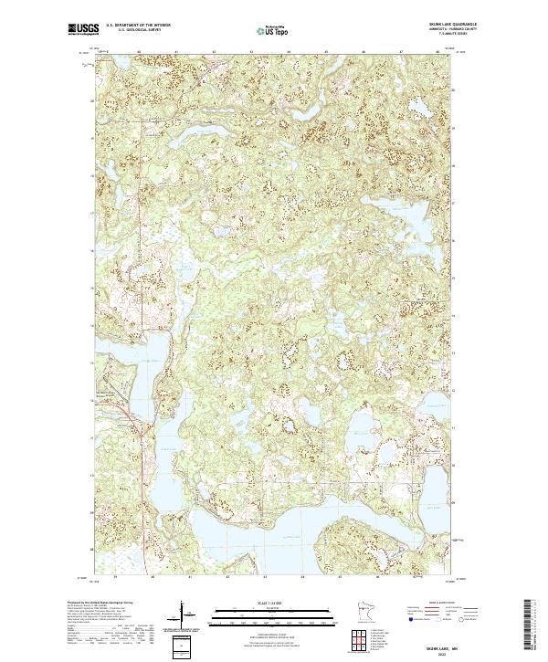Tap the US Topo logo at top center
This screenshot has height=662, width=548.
tap(275, 31)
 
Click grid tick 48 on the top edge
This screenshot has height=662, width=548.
tap(438, 52)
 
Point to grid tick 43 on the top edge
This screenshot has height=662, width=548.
tap(251, 52)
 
